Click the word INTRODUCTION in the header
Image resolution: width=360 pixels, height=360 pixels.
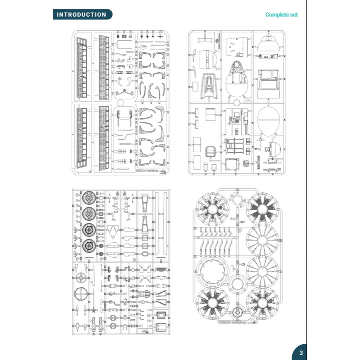point(82,15)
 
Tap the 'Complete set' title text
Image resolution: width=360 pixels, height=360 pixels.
point(282,15)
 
